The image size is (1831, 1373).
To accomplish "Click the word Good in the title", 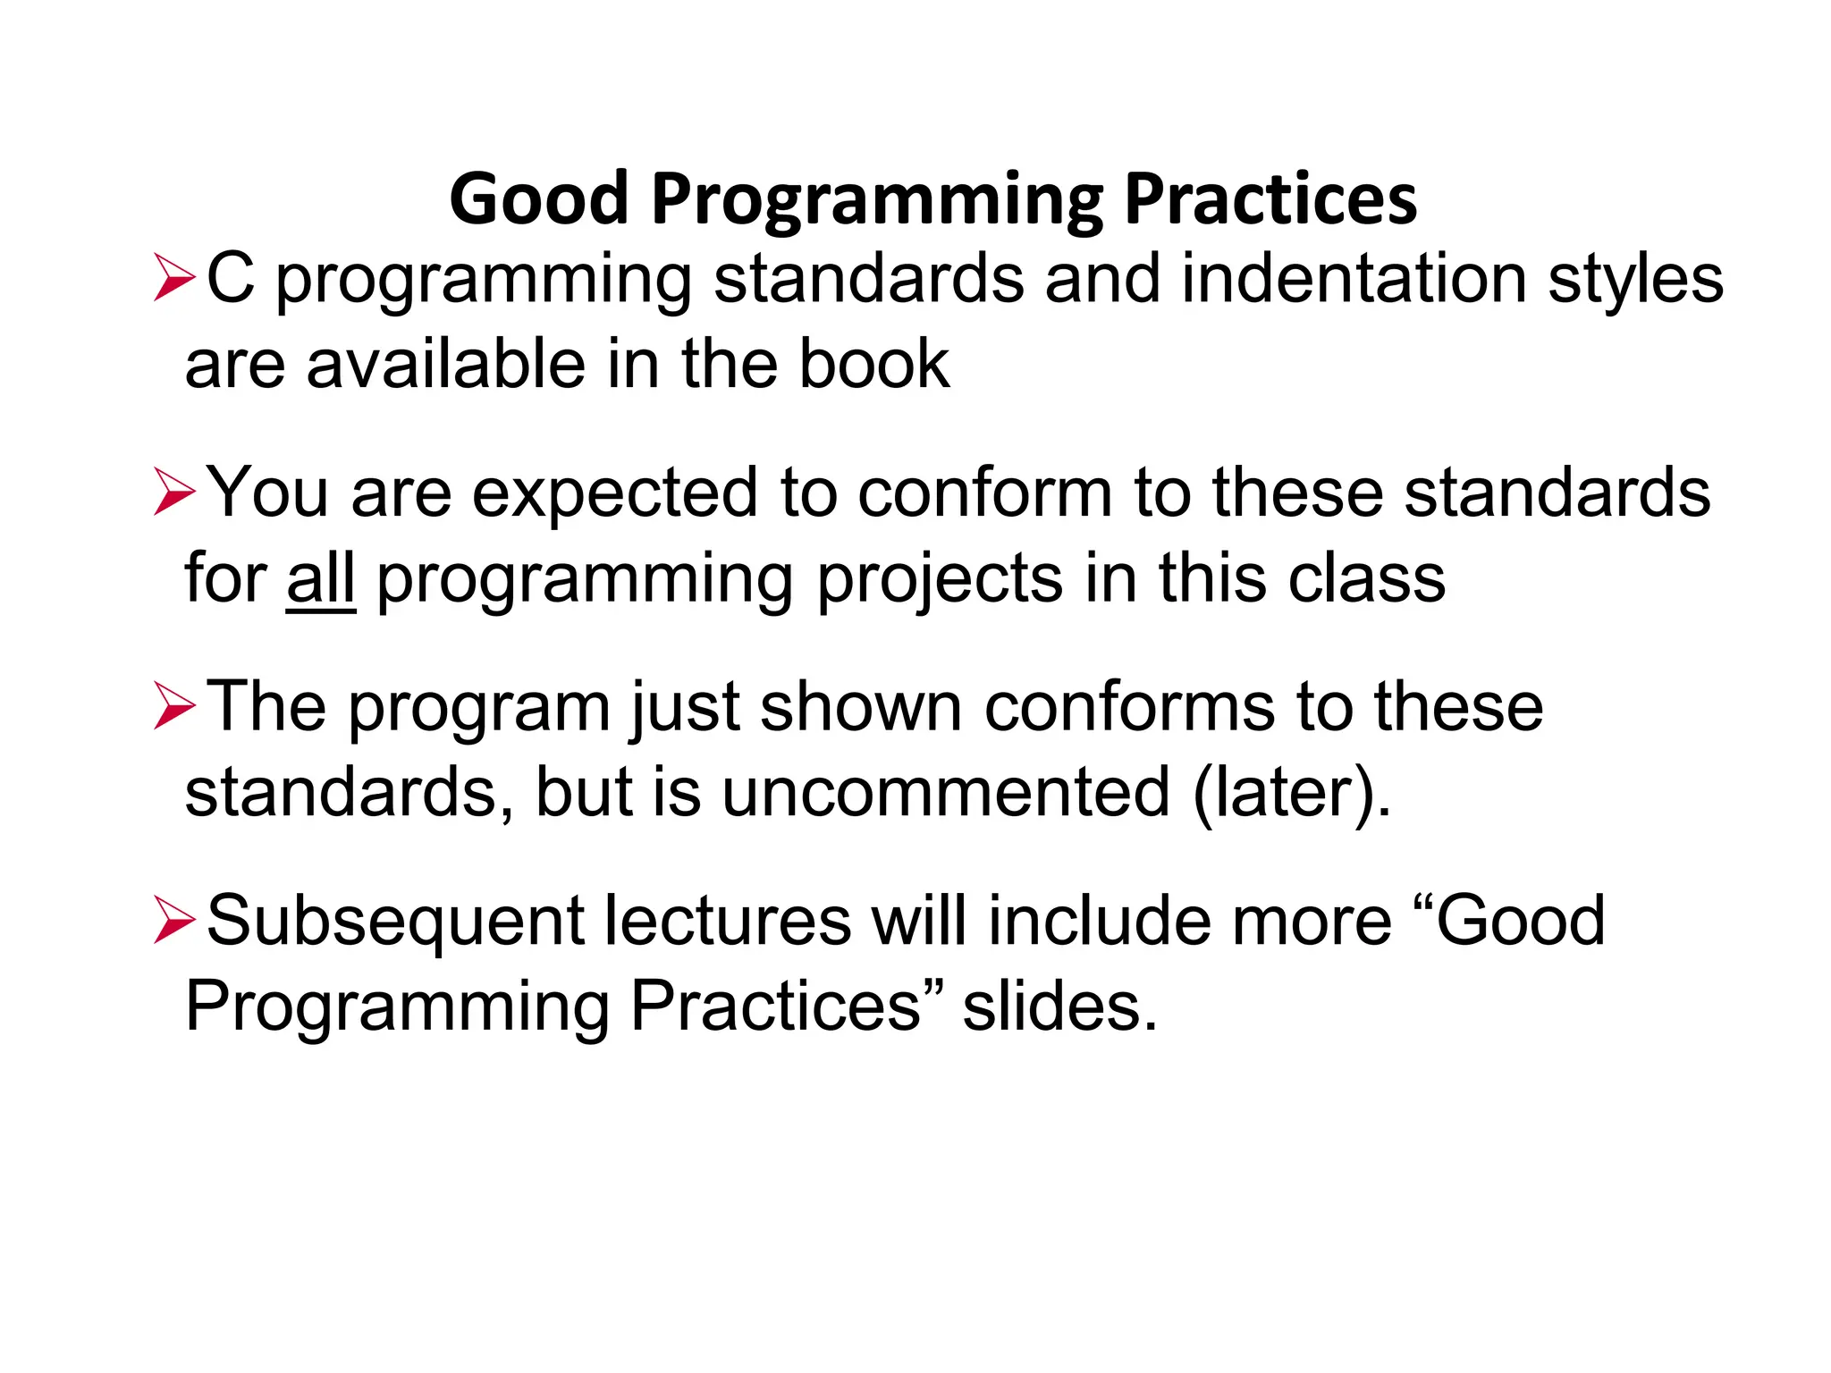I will [x=539, y=198].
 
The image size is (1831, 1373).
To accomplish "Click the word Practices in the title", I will [x=1270, y=198].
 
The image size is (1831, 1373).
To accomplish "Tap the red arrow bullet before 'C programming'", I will [x=173, y=278].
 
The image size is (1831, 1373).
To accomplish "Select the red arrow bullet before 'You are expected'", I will [x=173, y=493].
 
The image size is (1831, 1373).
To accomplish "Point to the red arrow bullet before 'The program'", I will [x=173, y=706].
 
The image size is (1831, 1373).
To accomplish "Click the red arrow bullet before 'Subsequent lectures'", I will [x=173, y=921].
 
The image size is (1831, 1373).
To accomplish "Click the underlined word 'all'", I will [x=320, y=578].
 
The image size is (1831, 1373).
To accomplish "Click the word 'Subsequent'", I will [x=394, y=922].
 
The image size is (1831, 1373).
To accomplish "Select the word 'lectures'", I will [x=727, y=921].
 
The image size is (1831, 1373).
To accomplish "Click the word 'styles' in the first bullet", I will [x=1635, y=281].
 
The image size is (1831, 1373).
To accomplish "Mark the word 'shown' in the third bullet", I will [x=860, y=706].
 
